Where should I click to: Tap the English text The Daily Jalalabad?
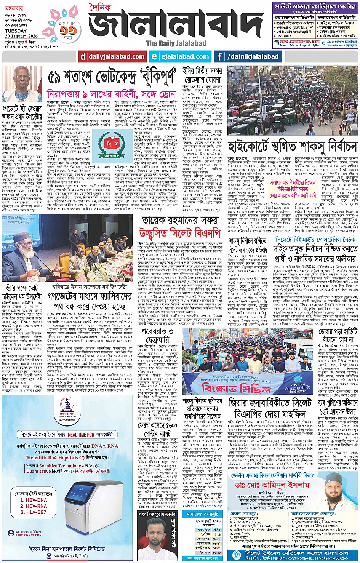pyautogui.click(x=176, y=43)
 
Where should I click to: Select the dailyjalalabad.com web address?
pyautogui.click(x=113, y=57)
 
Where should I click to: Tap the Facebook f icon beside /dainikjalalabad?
pyautogui.click(x=219, y=57)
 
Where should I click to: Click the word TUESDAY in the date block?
pyautogui.click(x=16, y=31)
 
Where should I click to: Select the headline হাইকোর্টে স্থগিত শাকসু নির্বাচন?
pyautogui.click(x=292, y=146)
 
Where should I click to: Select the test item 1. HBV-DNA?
pyautogui.click(x=34, y=500)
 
